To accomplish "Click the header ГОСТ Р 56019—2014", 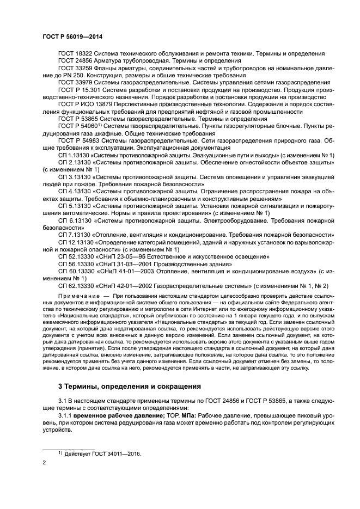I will pos(72,36).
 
